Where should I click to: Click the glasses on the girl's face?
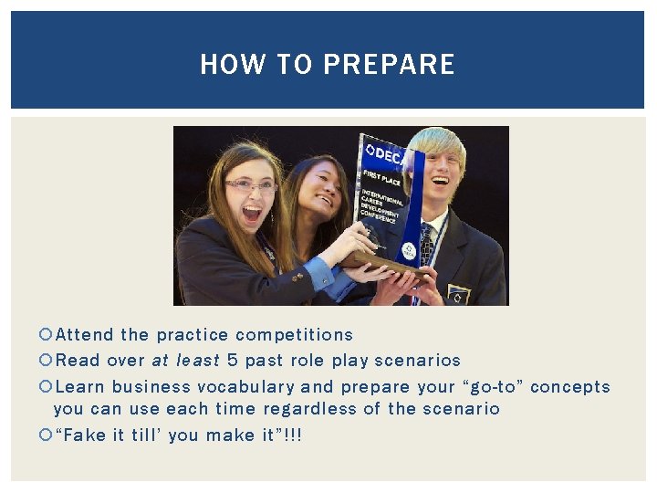249,185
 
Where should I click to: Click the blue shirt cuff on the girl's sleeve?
318,271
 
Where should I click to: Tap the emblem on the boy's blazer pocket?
457,294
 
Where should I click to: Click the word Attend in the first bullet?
85,335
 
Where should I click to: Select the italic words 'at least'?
186,361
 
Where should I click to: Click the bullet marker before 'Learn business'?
47,387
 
